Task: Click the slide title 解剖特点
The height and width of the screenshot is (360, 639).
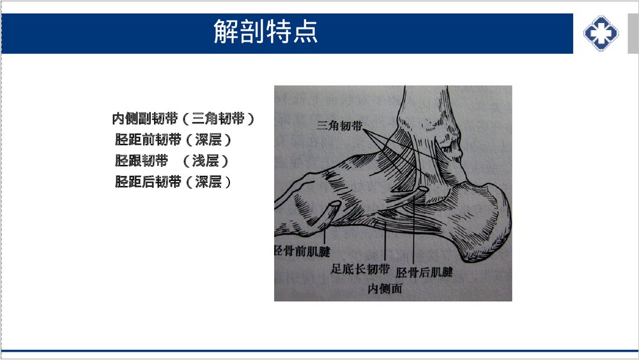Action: coord(265,32)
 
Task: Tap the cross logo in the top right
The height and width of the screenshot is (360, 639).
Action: coord(601,33)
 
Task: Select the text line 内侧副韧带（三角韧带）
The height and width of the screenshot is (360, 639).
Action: coord(183,119)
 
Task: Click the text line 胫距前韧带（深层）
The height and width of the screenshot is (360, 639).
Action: coord(173,140)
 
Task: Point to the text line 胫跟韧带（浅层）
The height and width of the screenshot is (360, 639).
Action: coord(171,161)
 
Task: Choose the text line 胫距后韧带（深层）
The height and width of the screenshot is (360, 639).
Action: coord(173,182)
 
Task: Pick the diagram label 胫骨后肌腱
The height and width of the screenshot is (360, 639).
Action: coord(424,273)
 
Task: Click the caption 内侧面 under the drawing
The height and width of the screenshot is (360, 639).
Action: coord(385,289)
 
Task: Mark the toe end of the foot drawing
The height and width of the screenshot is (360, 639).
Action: coord(284,211)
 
